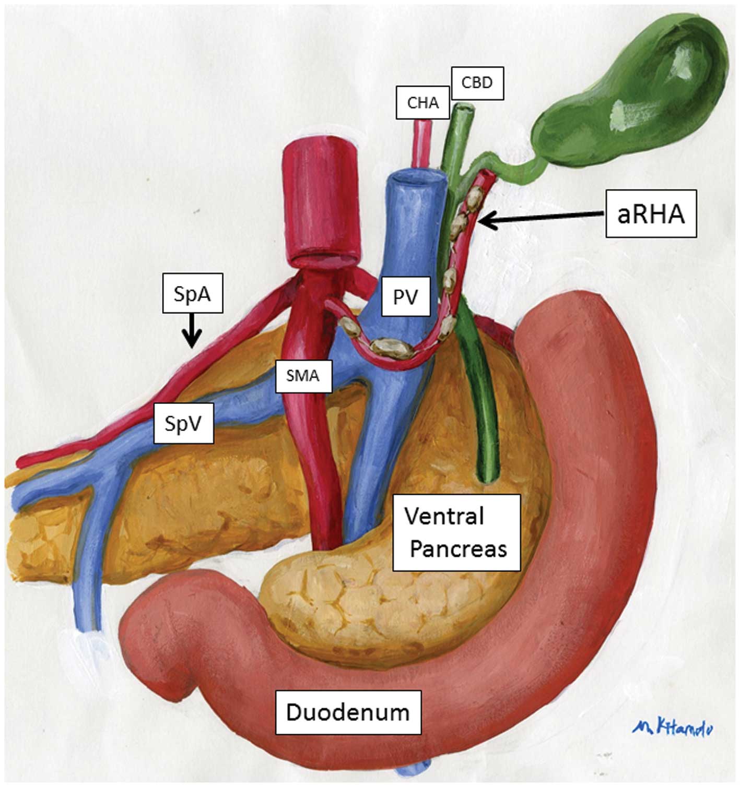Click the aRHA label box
click(x=651, y=214)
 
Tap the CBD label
click(x=477, y=83)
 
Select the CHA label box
click(x=422, y=103)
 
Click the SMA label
click(x=303, y=375)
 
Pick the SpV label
click(x=183, y=424)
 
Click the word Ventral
click(x=444, y=517)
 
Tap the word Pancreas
click(x=458, y=549)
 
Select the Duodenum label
click(x=348, y=712)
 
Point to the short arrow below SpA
click(x=192, y=331)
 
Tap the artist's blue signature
click(x=672, y=728)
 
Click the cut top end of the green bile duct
click(x=464, y=109)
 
